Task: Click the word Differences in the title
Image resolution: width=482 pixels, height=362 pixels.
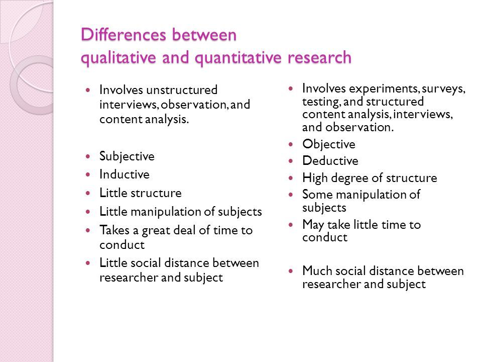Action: [124, 35]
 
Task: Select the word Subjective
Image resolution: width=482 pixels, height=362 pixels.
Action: [127, 156]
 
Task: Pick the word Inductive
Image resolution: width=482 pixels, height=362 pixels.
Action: [124, 174]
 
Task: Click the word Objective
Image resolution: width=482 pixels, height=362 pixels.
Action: [328, 144]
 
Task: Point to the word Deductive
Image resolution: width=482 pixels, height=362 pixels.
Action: [330, 161]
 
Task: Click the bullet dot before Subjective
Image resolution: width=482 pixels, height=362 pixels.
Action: [88, 157]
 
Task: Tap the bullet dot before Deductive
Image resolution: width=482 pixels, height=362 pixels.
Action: [291, 161]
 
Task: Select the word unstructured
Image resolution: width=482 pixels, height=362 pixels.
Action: [182, 90]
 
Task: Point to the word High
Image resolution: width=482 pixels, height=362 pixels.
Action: [315, 178]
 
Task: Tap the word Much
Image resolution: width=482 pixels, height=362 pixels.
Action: [317, 271]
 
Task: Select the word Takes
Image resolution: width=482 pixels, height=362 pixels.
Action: [114, 230]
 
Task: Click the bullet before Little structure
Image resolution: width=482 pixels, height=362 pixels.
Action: [88, 193]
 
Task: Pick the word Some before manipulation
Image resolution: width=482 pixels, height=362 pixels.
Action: [317, 195]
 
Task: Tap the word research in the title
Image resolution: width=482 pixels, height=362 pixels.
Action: [320, 57]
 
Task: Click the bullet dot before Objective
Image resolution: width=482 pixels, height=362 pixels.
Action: [291, 144]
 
